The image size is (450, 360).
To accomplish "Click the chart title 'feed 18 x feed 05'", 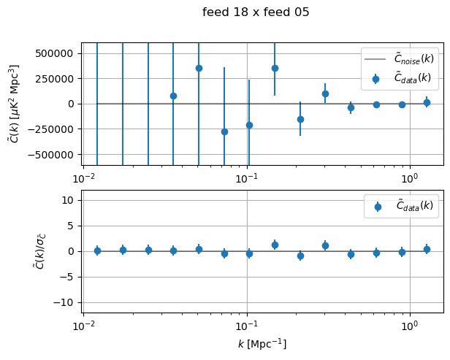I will click(256, 12).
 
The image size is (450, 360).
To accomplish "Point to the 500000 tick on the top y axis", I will click(56, 53).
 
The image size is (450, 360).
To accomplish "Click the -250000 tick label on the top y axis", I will click(53, 129).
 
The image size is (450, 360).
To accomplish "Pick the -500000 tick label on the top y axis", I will click(53, 155).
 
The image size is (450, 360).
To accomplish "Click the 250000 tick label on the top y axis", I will click(56, 79).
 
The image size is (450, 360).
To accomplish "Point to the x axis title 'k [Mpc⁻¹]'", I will click(262, 343).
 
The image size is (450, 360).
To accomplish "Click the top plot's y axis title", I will click(14, 103).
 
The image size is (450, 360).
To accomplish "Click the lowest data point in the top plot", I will click(224, 131).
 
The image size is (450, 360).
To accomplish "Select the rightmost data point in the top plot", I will click(427, 102).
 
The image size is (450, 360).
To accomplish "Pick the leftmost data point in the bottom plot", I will click(97, 250).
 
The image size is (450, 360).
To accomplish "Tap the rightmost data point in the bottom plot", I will click(427, 249).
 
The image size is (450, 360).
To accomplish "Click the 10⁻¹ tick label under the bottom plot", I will click(247, 325).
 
